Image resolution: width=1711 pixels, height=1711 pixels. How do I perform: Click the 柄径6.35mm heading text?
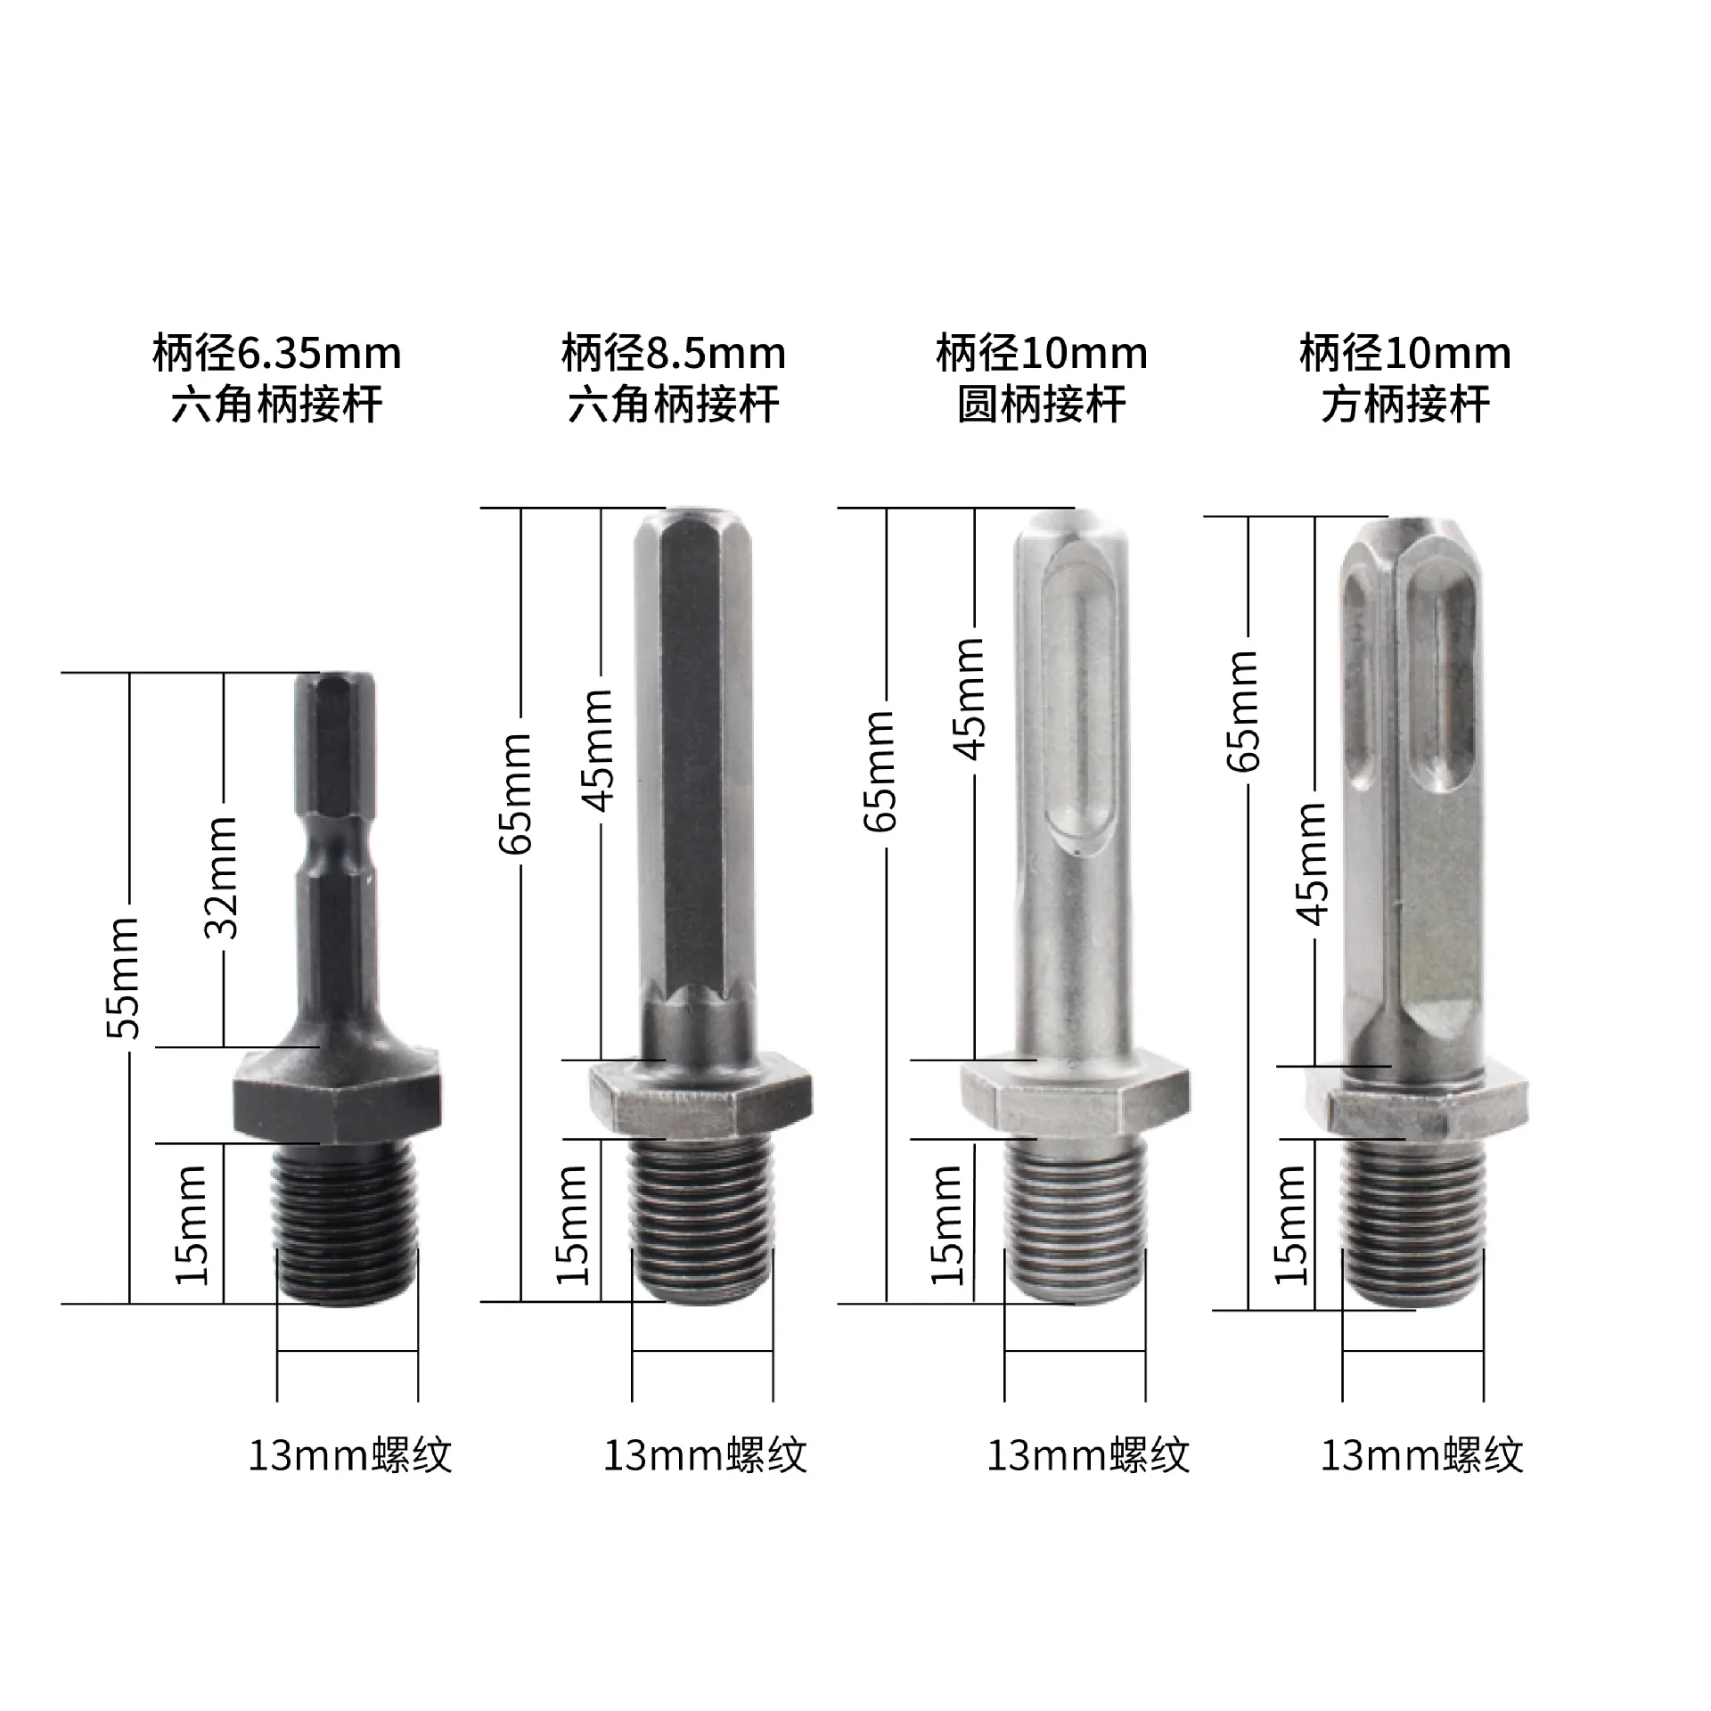(x=277, y=354)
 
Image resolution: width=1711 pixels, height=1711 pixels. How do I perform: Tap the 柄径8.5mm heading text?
(x=674, y=354)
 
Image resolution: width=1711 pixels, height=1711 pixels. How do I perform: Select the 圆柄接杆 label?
(x=1042, y=405)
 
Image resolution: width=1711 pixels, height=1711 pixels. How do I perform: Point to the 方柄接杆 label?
(x=1405, y=405)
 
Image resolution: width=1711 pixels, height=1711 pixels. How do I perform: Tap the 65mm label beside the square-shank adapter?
(x=1242, y=711)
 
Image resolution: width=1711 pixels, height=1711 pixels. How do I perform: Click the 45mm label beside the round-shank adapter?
(x=970, y=699)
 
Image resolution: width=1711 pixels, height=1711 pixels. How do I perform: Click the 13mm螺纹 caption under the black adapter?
(x=349, y=1456)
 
